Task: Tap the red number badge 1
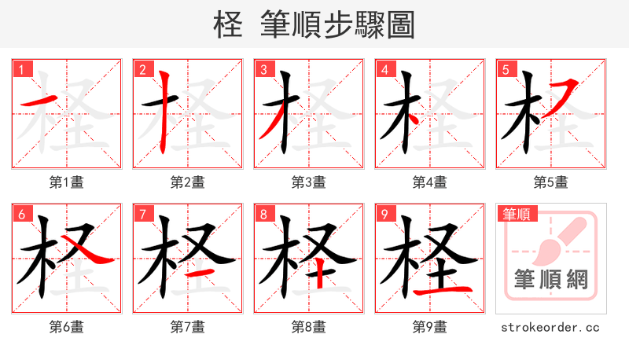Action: tap(21, 69)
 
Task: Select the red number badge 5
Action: tap(506, 69)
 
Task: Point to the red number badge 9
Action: tap(384, 214)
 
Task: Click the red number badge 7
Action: tap(142, 214)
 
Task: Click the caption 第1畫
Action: tap(67, 182)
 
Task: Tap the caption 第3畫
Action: tap(309, 182)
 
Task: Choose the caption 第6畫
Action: tap(67, 327)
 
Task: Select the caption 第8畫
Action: tap(309, 327)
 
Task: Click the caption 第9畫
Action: tap(430, 327)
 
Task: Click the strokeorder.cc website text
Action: tap(550, 327)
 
